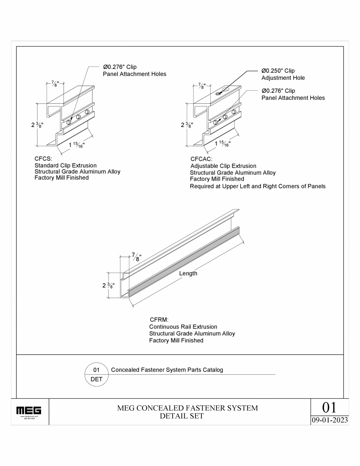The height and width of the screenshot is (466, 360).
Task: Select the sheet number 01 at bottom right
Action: [x=329, y=407]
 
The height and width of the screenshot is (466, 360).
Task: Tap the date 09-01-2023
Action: [x=329, y=420]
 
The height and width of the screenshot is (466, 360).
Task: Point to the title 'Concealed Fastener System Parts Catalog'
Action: [x=167, y=370]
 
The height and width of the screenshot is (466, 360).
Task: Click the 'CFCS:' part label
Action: [x=43, y=159]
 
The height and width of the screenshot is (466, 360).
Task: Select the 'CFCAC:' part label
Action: [x=201, y=159]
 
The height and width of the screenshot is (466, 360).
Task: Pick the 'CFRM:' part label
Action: [x=159, y=320]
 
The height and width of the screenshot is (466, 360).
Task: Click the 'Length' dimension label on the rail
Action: [x=188, y=273]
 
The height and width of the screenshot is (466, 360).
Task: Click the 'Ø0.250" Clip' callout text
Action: [x=278, y=71]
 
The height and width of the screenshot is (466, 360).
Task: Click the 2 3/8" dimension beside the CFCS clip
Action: [x=37, y=125]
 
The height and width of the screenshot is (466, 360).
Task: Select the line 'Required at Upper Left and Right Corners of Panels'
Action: [x=257, y=186]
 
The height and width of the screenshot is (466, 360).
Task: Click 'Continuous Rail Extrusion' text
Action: [x=183, y=327]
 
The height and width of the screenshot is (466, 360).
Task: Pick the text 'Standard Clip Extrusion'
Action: [x=65, y=166]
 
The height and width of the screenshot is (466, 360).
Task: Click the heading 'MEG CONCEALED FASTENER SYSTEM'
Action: [x=188, y=408]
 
